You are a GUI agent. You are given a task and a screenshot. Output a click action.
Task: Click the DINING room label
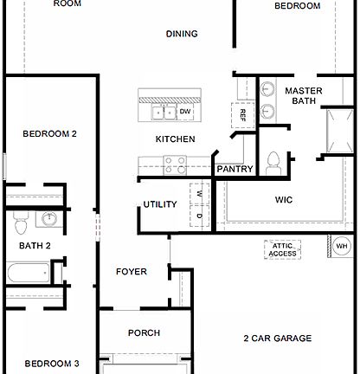(182, 34)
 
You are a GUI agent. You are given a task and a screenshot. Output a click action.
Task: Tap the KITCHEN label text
(175, 139)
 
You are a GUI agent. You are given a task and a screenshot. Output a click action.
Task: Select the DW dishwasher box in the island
(185, 111)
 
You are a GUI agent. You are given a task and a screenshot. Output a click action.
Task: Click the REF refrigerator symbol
(242, 113)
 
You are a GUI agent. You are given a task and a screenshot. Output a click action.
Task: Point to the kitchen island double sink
(164, 111)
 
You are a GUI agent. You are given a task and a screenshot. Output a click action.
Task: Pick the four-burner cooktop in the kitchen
(176, 164)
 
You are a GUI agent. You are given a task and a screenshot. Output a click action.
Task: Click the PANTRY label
(235, 169)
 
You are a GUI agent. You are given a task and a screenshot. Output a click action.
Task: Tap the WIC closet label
(283, 200)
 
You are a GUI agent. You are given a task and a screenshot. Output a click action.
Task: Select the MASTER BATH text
(303, 96)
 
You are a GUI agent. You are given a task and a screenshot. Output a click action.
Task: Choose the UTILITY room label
(160, 204)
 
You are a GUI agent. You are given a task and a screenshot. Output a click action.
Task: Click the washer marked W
(198, 193)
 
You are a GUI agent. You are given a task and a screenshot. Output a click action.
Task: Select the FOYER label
(132, 272)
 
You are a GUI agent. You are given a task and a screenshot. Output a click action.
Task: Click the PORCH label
(144, 332)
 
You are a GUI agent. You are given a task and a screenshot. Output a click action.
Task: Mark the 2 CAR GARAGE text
(277, 339)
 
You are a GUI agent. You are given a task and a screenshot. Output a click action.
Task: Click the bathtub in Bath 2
(27, 276)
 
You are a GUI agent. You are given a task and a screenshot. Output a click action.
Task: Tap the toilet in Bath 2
(21, 224)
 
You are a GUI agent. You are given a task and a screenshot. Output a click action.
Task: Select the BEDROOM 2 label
(49, 133)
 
